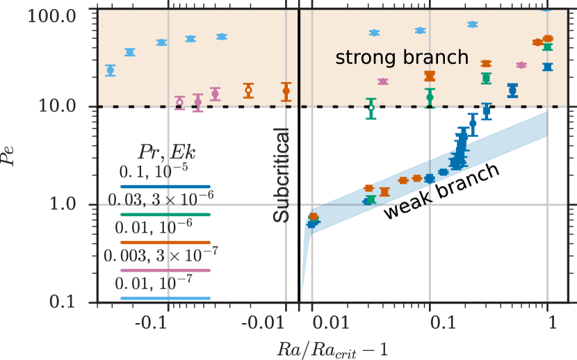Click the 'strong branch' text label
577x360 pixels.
(402, 57)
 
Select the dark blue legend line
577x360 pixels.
(165, 187)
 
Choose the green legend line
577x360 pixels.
(165, 215)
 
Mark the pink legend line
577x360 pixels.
(165, 270)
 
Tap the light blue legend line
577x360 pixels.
(165, 298)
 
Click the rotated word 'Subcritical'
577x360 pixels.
(280, 174)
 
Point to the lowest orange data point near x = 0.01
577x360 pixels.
(314, 216)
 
